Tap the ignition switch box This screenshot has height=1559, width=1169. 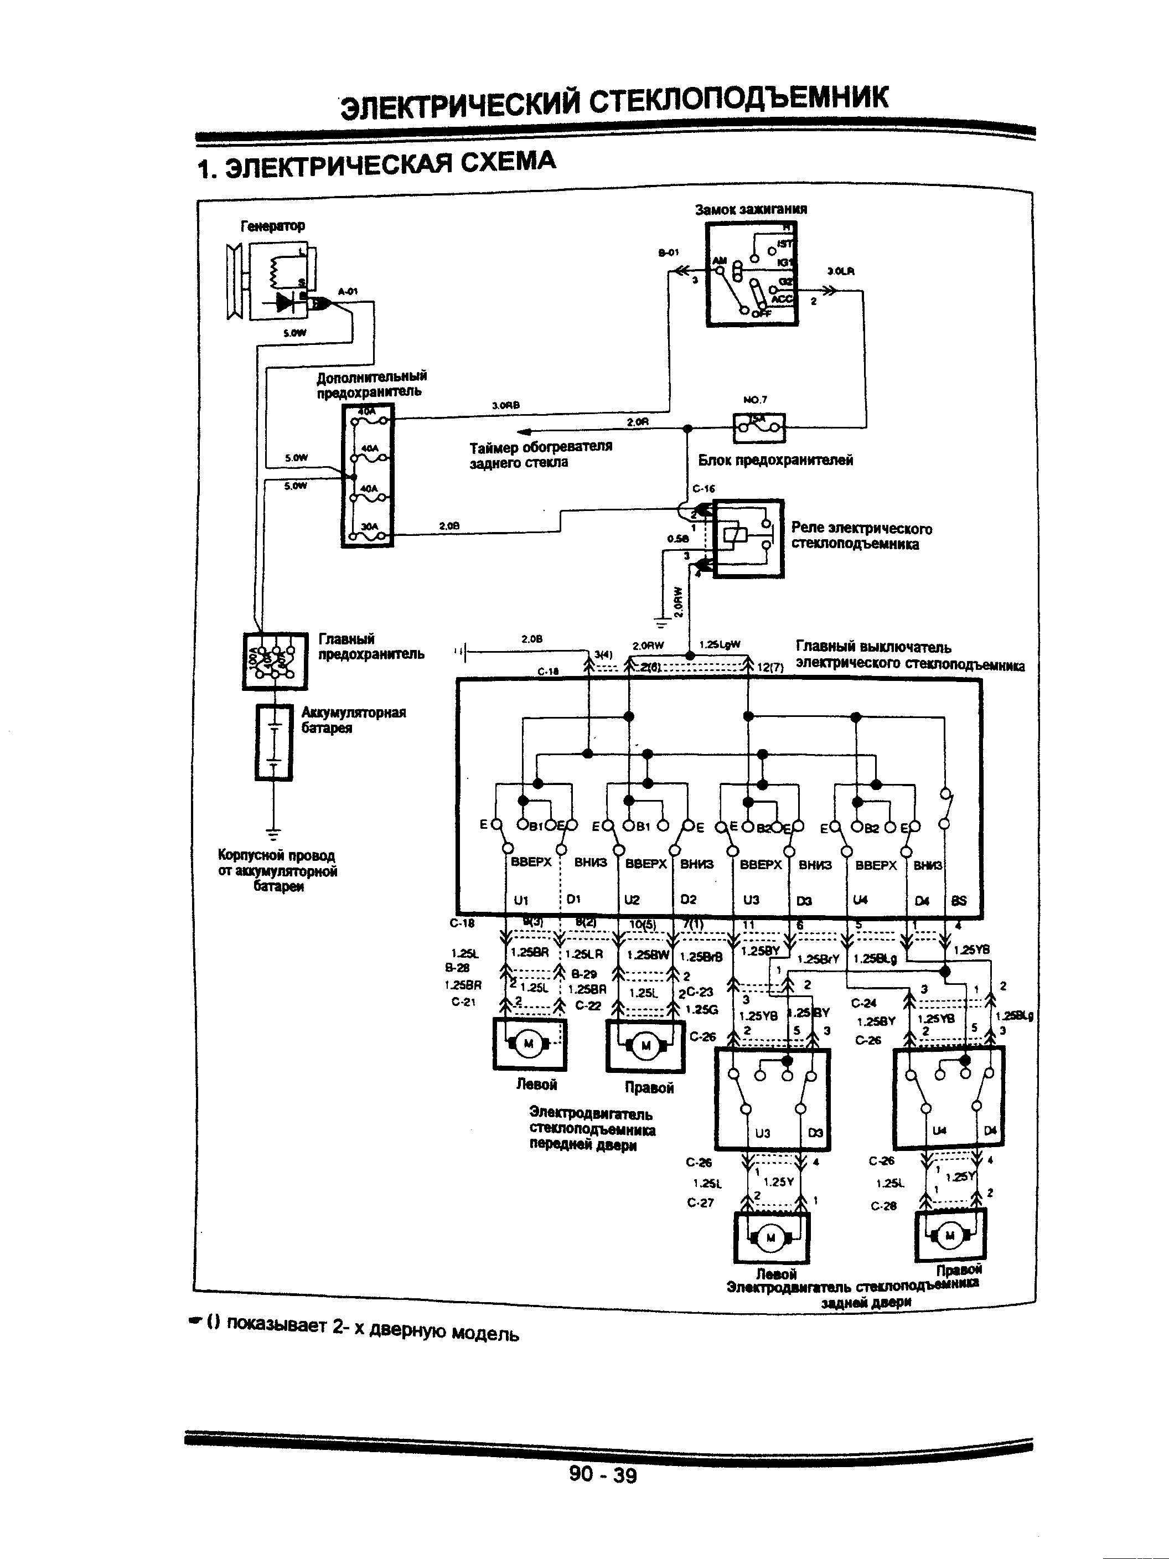coord(752,274)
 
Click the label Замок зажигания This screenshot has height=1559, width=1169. coord(751,209)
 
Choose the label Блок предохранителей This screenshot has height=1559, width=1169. coord(775,460)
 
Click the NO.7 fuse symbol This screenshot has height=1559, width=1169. coord(759,427)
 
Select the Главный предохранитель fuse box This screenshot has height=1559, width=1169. coord(275,660)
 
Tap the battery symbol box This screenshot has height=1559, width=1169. coord(273,742)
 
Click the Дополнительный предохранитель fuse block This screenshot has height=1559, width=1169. coord(367,476)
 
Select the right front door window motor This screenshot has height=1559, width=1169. coord(645,1046)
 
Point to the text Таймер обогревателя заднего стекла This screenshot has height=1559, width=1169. coord(540,455)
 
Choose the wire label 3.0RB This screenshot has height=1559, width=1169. coord(505,405)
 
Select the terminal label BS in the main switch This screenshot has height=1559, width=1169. coord(958,900)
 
